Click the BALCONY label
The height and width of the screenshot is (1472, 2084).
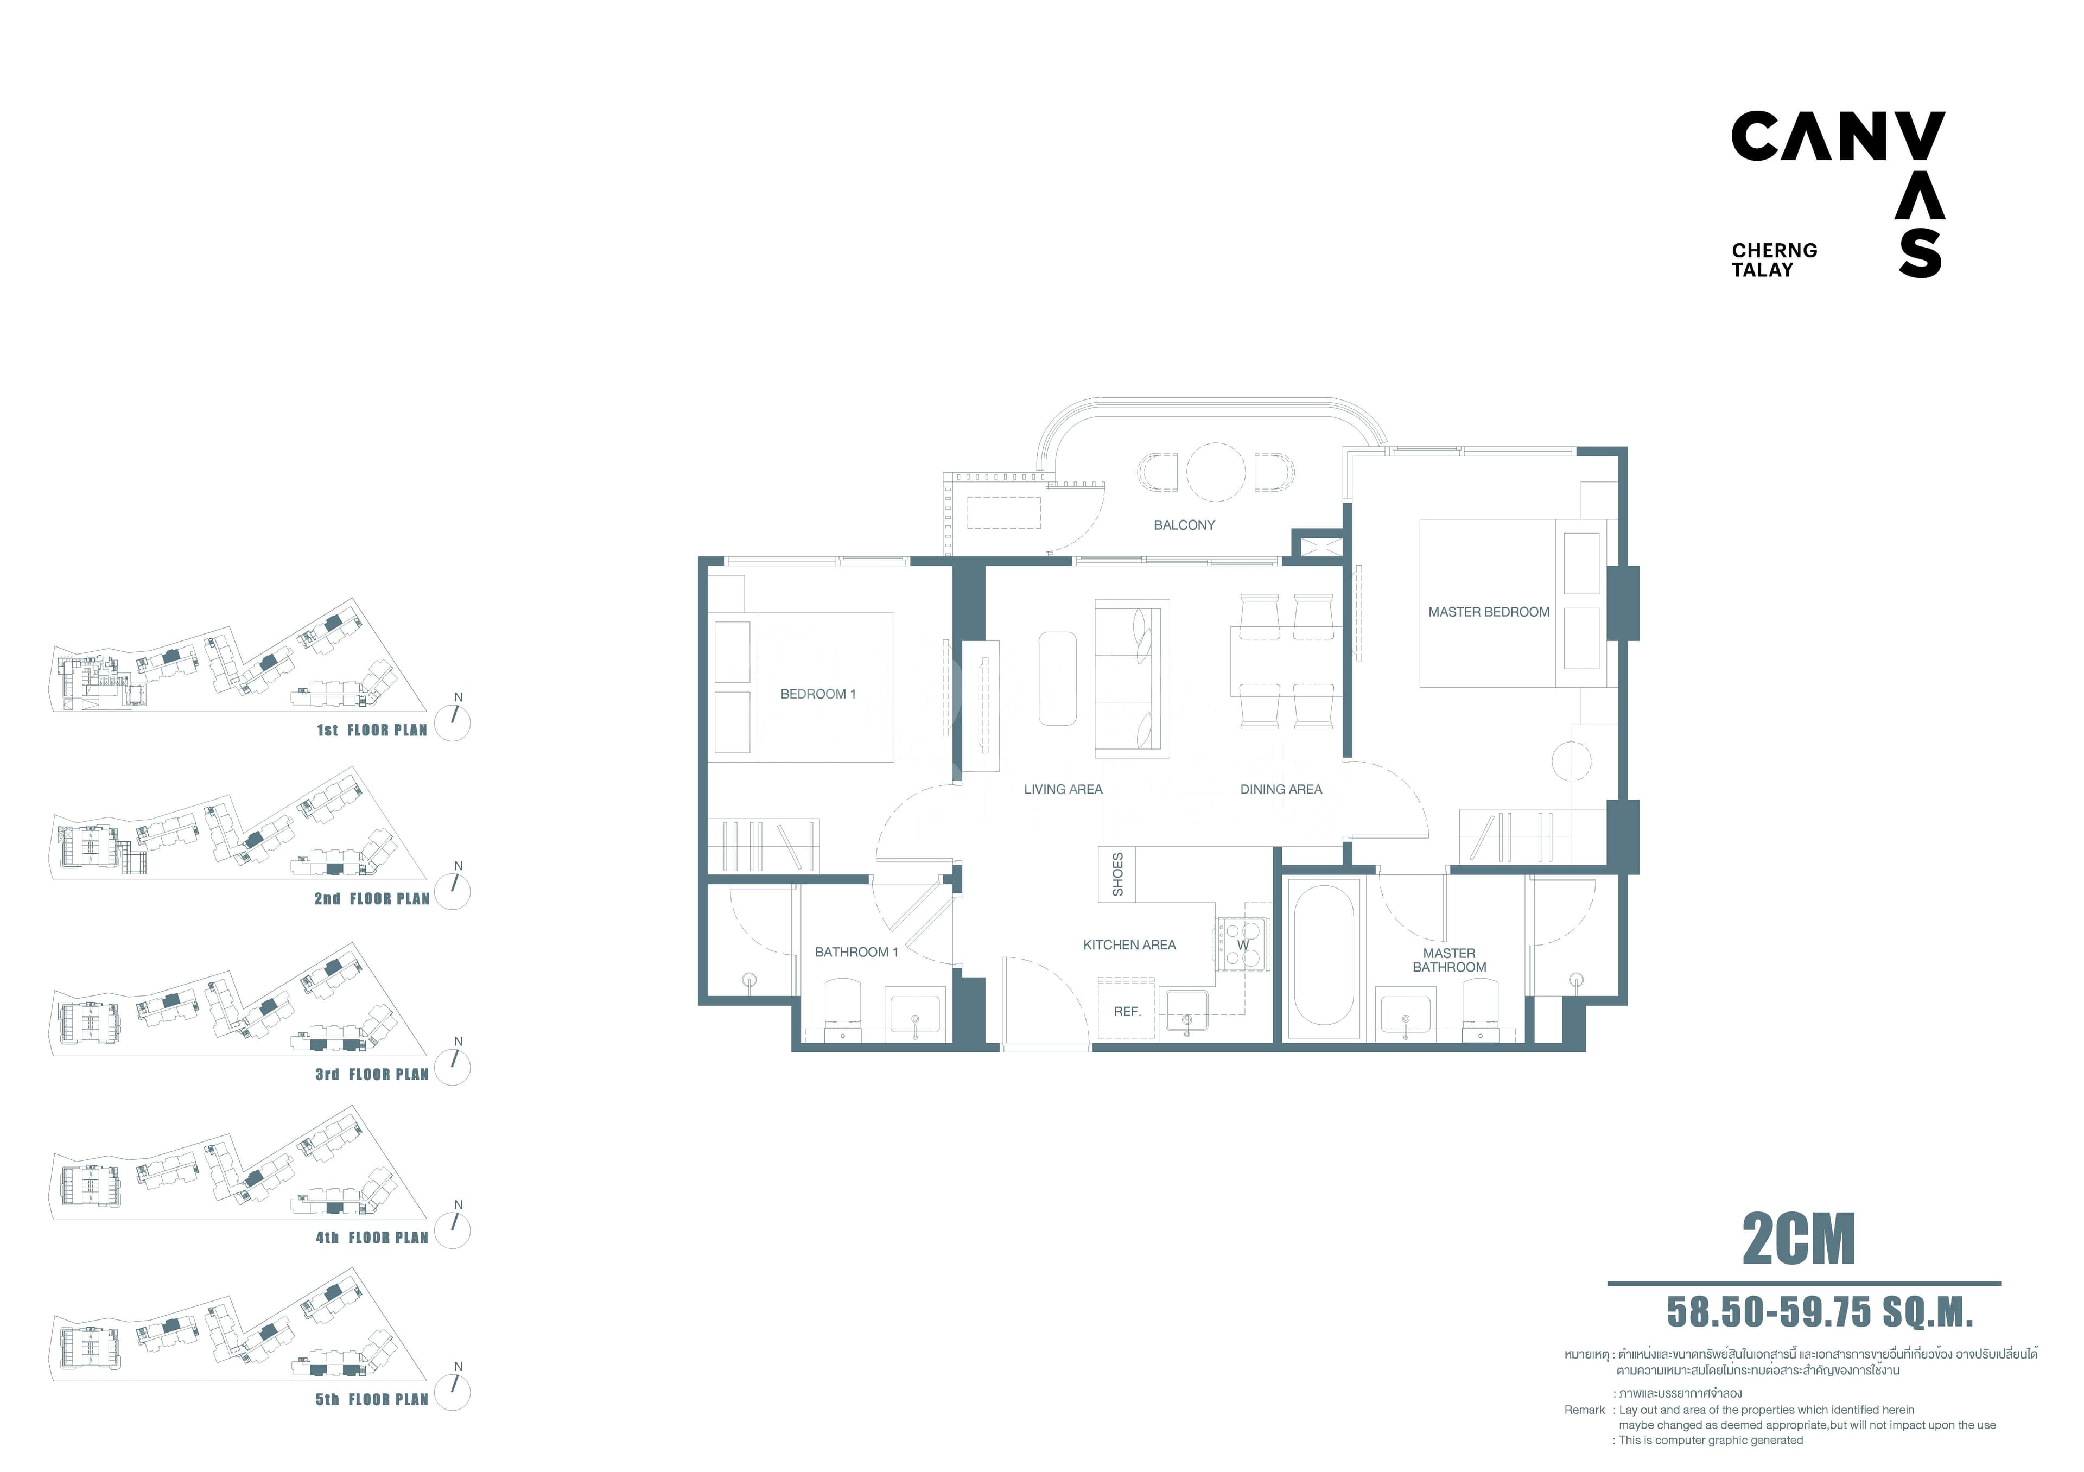(1184, 524)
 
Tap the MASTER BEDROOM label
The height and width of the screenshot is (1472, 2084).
(1489, 612)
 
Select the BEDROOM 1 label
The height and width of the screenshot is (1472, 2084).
(818, 693)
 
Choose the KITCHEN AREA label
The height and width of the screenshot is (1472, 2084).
(1129, 945)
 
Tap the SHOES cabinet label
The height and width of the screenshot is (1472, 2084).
(1117, 874)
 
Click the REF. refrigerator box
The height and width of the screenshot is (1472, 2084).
(1127, 1008)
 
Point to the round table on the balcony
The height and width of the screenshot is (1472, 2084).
(1215, 472)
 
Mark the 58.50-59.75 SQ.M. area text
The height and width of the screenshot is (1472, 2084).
(1820, 1311)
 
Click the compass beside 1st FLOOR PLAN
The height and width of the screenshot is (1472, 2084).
(453, 724)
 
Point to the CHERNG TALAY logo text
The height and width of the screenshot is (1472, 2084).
(1774, 259)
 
